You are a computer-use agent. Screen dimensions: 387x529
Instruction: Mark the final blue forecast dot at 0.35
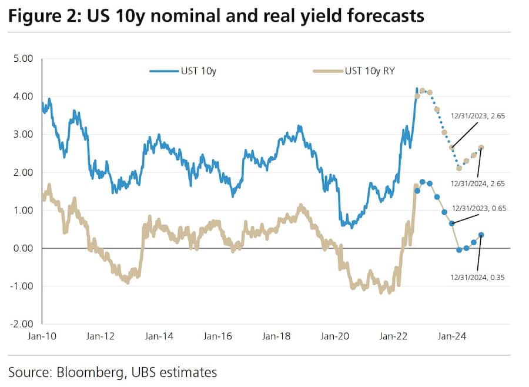pyautogui.click(x=481, y=235)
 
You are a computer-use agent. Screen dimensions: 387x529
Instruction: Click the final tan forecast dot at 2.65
pyautogui.click(x=481, y=148)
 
